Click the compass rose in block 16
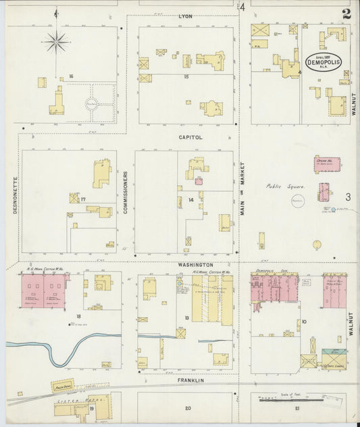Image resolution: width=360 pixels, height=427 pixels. [56, 42]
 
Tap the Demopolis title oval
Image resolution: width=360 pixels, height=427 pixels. [323, 60]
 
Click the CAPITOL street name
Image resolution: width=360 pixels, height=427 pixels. [190, 136]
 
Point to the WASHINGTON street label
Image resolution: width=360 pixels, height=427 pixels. [195, 265]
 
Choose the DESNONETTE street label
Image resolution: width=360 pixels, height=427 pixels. [15, 196]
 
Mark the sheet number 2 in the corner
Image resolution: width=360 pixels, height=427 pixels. [346, 13]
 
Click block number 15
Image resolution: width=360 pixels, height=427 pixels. [185, 77]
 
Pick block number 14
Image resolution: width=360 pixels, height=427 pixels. [191, 200]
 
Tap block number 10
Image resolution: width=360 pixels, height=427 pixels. [305, 321]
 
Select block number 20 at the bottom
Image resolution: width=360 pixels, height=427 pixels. [188, 407]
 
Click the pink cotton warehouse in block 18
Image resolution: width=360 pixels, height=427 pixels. [43, 291]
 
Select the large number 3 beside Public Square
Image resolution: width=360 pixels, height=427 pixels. [347, 197]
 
